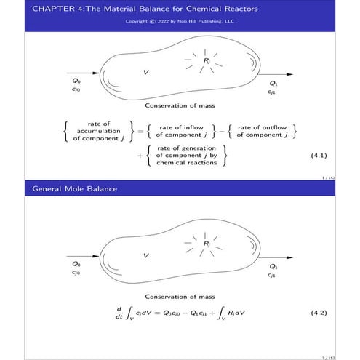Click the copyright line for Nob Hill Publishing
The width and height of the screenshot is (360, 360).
[x=180, y=21]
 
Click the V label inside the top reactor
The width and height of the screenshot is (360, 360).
[x=146, y=73]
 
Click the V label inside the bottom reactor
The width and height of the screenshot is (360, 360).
[x=146, y=255]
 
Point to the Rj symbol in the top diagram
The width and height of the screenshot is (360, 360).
[x=207, y=60]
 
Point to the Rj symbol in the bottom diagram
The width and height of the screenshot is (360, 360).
[x=207, y=243]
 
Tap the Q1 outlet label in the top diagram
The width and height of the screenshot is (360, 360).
[x=271, y=83]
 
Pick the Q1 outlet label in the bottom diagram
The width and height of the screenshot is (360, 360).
[x=271, y=266]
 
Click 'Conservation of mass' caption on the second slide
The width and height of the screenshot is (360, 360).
[x=180, y=296]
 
